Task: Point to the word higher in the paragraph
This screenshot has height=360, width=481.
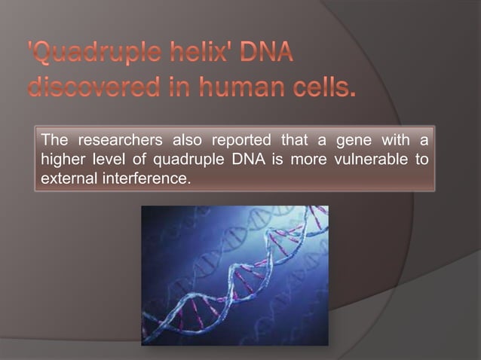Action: pos(62,160)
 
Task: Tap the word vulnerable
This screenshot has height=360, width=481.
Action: pos(370,160)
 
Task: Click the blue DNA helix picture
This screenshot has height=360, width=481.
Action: pos(234,275)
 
